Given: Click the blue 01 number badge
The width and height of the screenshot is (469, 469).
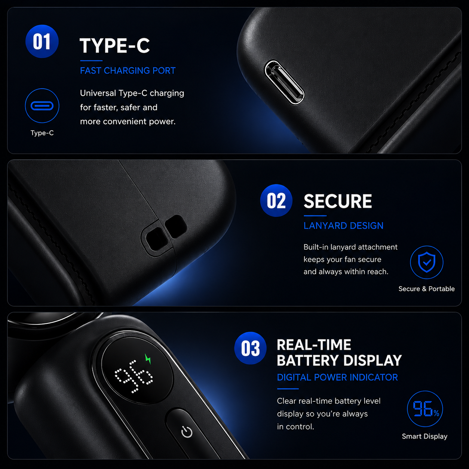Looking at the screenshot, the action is click(42, 42).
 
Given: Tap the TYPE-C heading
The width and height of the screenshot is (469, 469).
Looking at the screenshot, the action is click(115, 46).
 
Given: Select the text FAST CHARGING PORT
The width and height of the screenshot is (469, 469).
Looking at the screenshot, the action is click(128, 71).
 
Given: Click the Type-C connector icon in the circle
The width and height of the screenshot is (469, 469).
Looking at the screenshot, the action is click(42, 106).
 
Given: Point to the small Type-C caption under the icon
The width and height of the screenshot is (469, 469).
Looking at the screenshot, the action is click(42, 133).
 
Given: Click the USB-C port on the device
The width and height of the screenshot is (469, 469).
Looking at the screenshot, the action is click(284, 83).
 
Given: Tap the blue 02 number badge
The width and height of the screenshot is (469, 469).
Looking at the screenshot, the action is click(276, 200).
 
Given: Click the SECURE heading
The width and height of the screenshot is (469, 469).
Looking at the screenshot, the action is click(338, 201).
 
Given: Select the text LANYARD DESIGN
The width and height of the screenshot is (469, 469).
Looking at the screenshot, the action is click(343, 226).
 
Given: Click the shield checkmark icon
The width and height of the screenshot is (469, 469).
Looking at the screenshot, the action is click(427, 262).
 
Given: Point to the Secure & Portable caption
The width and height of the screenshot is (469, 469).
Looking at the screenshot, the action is click(426, 289).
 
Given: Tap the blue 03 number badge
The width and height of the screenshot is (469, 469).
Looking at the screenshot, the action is click(251, 348).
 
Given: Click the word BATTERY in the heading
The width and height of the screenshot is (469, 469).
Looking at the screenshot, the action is click(308, 361).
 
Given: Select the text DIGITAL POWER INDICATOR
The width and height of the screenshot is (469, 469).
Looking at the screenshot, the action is click(337, 377).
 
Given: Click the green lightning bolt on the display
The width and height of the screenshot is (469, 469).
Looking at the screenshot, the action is click(148, 359).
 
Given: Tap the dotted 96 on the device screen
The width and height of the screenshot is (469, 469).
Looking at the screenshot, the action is click(134, 376).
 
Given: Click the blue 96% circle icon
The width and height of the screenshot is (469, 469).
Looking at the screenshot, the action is click(425, 409).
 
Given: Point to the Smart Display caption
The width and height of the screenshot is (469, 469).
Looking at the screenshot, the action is click(425, 436).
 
